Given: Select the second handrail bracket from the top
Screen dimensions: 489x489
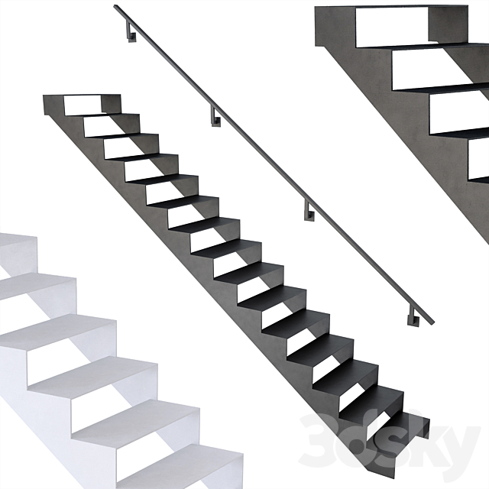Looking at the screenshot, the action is pyautogui.click(x=215, y=118).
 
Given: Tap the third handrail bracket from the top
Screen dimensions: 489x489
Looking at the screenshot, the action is pyautogui.click(x=309, y=212).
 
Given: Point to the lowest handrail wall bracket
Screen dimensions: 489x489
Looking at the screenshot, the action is pyautogui.click(x=413, y=317).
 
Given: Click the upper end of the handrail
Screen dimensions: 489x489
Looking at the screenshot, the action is pyautogui.click(x=115, y=6).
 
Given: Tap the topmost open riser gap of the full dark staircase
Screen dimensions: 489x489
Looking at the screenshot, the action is pyautogui.click(x=83, y=105).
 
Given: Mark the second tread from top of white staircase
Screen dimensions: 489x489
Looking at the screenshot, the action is pyautogui.click(x=37, y=283).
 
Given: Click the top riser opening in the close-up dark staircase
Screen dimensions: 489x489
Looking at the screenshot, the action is pyautogui.click(x=392, y=28).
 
